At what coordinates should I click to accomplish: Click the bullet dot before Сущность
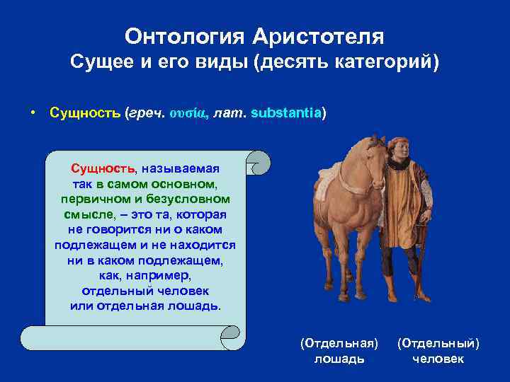tap(33, 113)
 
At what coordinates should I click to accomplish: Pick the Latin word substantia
tap(286, 113)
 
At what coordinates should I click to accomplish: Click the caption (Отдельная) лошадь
tap(339, 351)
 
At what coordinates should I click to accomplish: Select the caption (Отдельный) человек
tap(438, 351)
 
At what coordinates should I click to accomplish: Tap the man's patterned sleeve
tap(426, 191)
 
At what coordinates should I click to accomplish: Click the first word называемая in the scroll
tap(181, 168)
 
